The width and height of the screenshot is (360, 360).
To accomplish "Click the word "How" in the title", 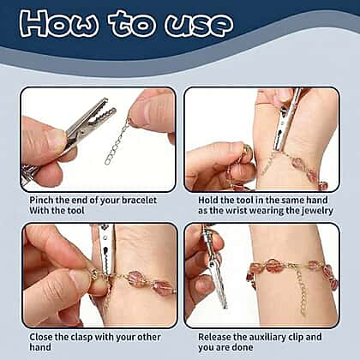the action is point(59,23).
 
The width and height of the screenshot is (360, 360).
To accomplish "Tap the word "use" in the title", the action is point(199,25).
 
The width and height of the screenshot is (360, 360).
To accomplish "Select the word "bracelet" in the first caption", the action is point(140,200).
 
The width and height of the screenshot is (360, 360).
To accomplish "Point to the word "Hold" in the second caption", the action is point(207,200).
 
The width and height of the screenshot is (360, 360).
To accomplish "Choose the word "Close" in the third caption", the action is point(41,337).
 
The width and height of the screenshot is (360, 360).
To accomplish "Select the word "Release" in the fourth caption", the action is point(214,337).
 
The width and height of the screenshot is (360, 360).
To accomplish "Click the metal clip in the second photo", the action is point(285,122).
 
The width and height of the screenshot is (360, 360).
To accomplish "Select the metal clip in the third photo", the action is point(106,251).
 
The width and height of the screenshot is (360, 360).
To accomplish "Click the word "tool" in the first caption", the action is point(75,211).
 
